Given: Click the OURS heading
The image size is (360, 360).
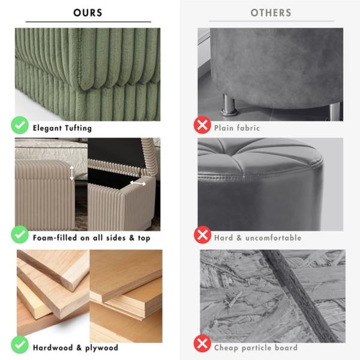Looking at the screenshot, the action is click(x=88, y=13).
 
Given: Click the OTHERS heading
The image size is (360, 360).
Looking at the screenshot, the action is click(x=271, y=13).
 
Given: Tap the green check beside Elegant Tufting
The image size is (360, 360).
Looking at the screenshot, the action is click(x=20, y=125).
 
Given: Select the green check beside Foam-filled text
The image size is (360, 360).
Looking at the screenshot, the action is click(x=20, y=235).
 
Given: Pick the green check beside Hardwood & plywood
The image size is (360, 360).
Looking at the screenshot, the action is click(x=20, y=344).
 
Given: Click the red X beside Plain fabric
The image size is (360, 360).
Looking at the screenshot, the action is click(x=202, y=125).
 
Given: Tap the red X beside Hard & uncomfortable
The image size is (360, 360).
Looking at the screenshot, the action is click(x=202, y=235).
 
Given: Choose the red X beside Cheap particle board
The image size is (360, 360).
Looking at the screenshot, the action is click(x=202, y=343).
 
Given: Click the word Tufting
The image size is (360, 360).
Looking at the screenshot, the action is click(x=78, y=128).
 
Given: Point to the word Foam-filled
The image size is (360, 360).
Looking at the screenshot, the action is click(x=55, y=238).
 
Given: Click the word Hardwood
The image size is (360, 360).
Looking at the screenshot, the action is click(x=53, y=347).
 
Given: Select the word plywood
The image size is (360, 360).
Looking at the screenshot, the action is click(x=102, y=348).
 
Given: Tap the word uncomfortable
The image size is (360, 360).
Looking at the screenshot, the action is click(x=273, y=238).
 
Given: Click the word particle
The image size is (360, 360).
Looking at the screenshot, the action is click(x=256, y=348).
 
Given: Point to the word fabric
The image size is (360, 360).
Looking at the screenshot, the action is click(x=248, y=128).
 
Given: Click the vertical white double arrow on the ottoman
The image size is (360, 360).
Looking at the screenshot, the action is click(x=72, y=173).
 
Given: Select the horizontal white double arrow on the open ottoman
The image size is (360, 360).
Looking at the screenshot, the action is click(x=138, y=183).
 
